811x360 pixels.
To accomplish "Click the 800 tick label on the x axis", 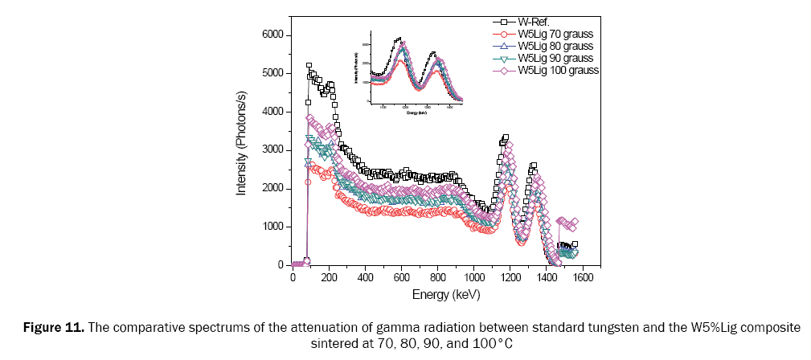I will (x=438, y=278).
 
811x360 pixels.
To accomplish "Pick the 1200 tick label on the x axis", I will (x=510, y=278).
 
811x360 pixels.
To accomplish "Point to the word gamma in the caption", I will (x=357, y=328).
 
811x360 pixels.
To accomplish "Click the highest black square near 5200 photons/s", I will (x=309, y=66).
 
